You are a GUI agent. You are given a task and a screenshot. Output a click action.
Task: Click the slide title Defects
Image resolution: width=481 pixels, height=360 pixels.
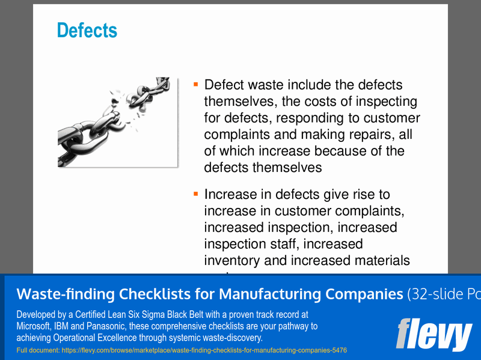[87, 30]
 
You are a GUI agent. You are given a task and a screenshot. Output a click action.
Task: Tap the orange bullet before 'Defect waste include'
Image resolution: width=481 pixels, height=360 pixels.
[195, 84]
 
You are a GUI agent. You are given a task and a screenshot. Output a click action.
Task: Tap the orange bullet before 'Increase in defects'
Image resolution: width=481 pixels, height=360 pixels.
[195, 194]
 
